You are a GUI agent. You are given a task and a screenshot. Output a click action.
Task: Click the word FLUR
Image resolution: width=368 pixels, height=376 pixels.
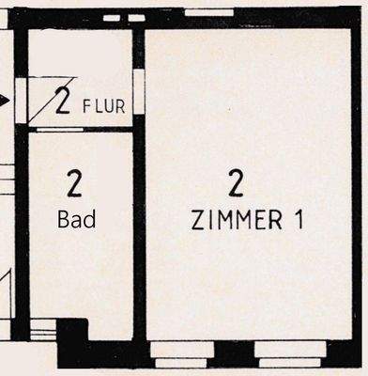pos(103,104)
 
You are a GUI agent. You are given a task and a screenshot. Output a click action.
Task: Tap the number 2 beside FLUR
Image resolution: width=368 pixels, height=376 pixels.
pos(64,101)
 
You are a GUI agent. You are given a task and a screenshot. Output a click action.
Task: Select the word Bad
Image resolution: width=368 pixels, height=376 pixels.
pos(77,219)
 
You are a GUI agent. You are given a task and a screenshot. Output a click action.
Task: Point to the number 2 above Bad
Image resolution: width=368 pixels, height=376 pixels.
pos(75,181)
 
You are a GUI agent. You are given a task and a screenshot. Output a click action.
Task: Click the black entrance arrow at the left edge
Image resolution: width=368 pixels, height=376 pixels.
pos(5,98)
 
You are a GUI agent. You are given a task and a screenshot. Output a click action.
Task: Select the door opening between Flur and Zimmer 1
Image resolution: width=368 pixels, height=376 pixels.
pos(138,92)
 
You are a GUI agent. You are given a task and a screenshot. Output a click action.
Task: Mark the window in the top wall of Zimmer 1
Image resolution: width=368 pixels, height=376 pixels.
pos(208,13)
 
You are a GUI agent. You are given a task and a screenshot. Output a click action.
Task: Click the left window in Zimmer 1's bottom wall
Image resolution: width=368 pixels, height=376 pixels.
pos(181,352)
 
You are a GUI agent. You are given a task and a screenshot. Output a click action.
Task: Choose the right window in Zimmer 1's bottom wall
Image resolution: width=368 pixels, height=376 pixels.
pos(289,352)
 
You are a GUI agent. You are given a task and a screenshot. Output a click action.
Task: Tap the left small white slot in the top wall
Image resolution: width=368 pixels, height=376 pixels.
pos(112,18)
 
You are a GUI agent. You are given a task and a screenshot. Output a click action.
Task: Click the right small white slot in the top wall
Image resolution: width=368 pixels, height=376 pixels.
pos(136,18)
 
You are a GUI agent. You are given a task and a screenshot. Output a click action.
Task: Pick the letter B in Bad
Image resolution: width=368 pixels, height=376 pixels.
pos(64,219)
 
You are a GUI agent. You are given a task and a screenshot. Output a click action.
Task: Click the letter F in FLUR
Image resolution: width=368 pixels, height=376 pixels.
pos(86,104)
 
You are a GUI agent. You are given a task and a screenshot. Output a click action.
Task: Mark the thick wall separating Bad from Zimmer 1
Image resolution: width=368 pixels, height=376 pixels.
pos(139,235)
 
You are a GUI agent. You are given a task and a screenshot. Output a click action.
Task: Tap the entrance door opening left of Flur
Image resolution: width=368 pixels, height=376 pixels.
pos(22,99)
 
